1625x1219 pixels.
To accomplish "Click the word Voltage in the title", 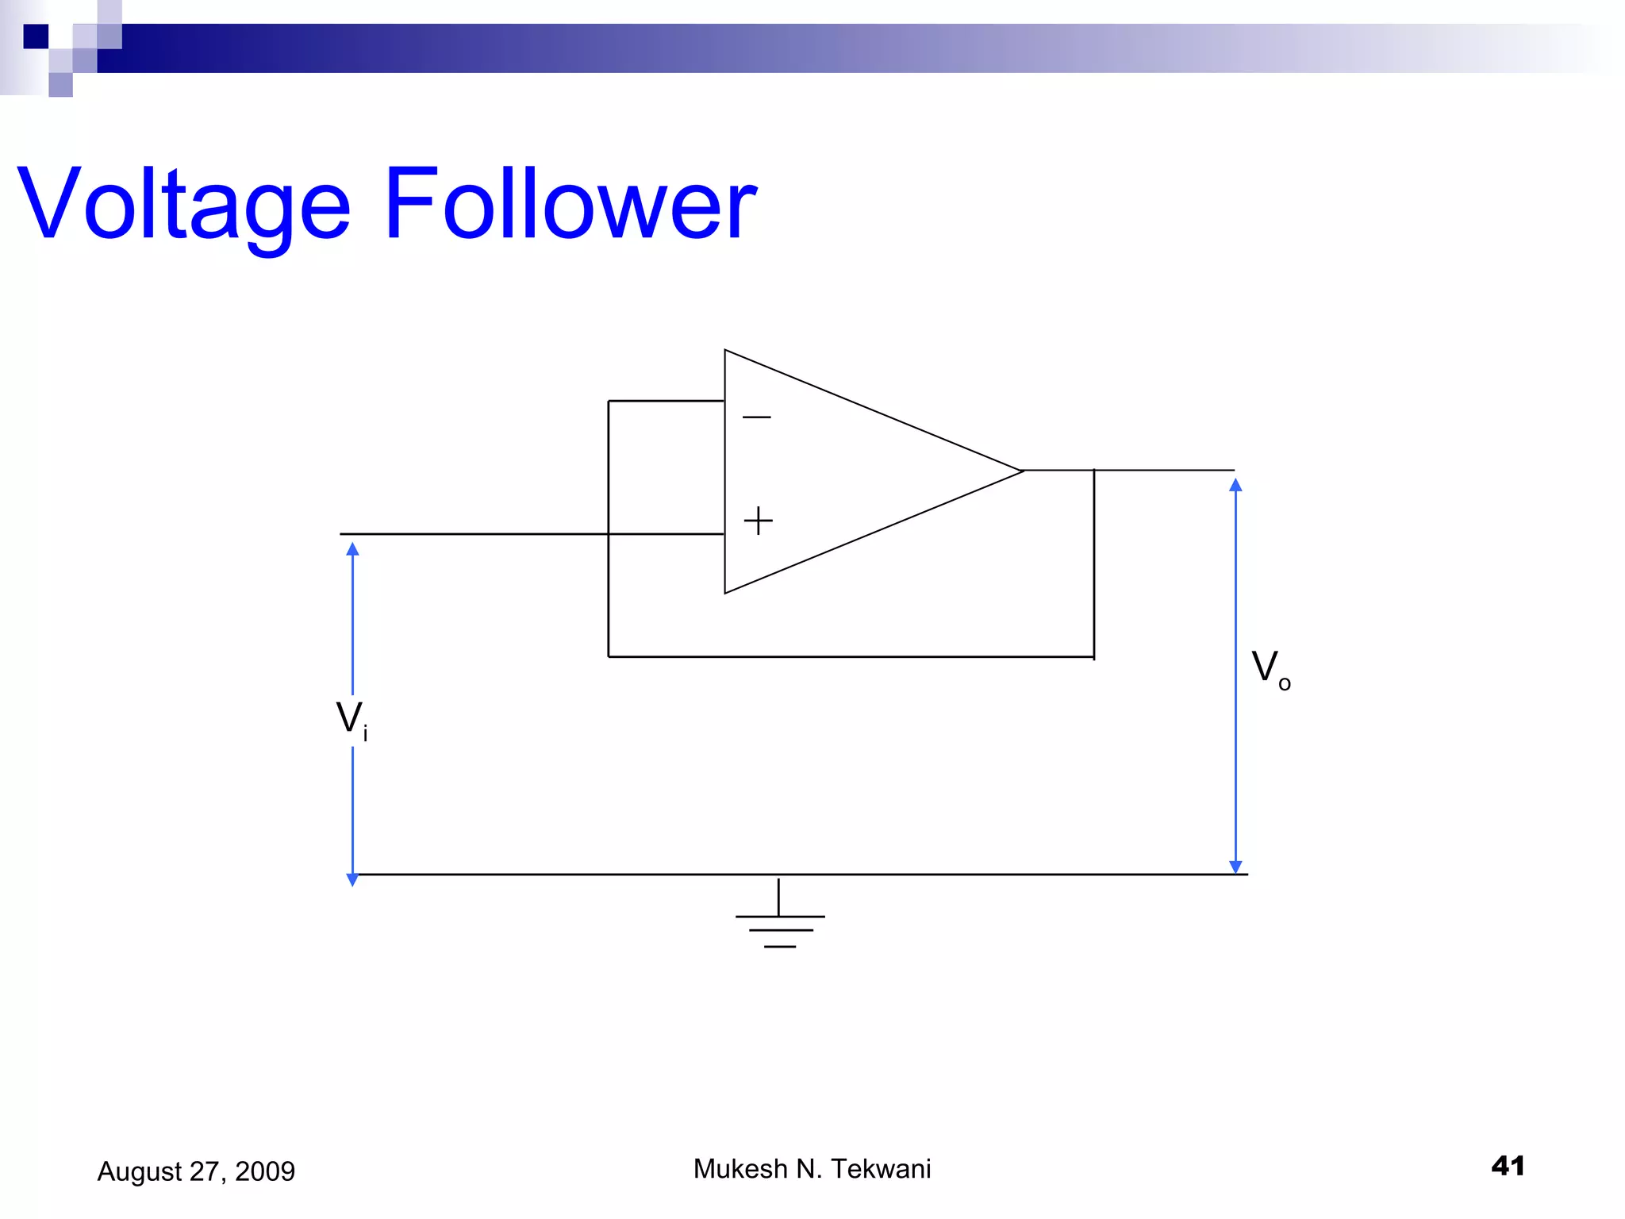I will point(183,205).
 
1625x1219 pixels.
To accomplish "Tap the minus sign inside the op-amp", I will point(756,417).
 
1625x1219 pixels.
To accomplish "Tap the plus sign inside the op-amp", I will point(758,521).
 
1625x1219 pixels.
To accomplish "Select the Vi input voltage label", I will point(352,720).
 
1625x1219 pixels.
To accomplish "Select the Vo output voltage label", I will point(1270,669).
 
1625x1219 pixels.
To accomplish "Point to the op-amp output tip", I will point(1022,471).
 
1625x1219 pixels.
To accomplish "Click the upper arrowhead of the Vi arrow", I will point(353,549).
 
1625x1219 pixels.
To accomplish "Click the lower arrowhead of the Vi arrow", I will point(353,879).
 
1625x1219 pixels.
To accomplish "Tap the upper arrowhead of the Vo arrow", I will point(1235,485).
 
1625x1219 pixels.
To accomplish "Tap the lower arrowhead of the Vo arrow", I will point(1235,867).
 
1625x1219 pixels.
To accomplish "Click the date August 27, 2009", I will point(196,1171).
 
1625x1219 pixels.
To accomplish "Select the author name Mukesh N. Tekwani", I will point(812,1169).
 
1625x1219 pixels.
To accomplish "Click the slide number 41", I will point(1508,1166).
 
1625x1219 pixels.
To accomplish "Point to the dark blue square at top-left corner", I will point(36,37).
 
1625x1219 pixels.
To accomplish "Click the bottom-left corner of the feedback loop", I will point(609,657).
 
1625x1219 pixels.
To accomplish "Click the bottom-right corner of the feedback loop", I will point(1094,657).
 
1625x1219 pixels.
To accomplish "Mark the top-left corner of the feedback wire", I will point(609,402).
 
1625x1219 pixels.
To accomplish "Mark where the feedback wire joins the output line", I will point(1094,471).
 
